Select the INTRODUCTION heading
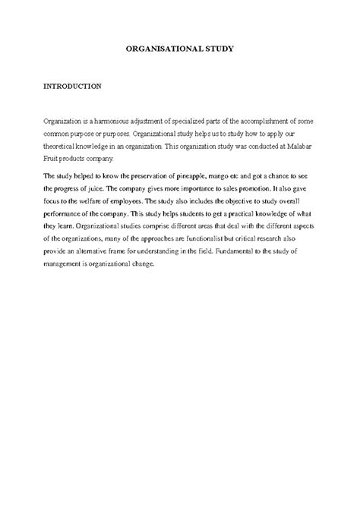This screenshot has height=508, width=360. pos(72,87)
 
